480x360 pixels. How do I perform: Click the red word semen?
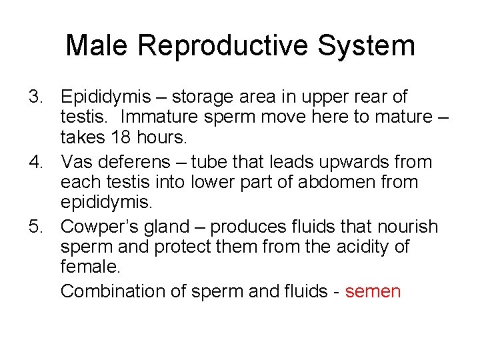[x=373, y=291]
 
